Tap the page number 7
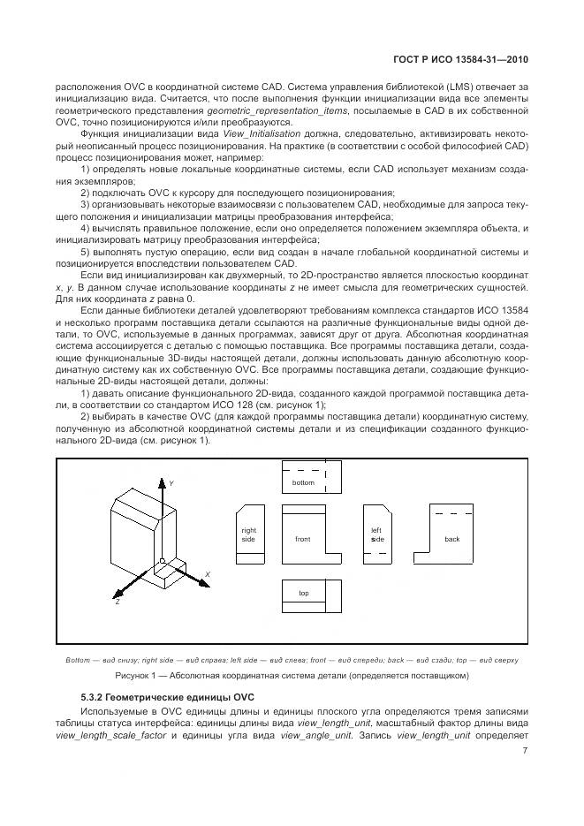click(x=524, y=751)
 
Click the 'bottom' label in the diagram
click(x=303, y=483)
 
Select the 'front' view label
click(x=303, y=538)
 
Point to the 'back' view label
click(x=451, y=538)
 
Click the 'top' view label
click(x=303, y=593)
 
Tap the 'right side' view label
click(x=248, y=534)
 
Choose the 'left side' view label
click(x=376, y=534)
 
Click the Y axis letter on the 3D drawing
click(x=171, y=483)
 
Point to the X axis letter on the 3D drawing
click(x=207, y=573)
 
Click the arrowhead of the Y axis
click(x=161, y=481)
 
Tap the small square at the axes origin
click(x=161, y=561)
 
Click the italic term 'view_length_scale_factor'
click(x=105, y=733)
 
